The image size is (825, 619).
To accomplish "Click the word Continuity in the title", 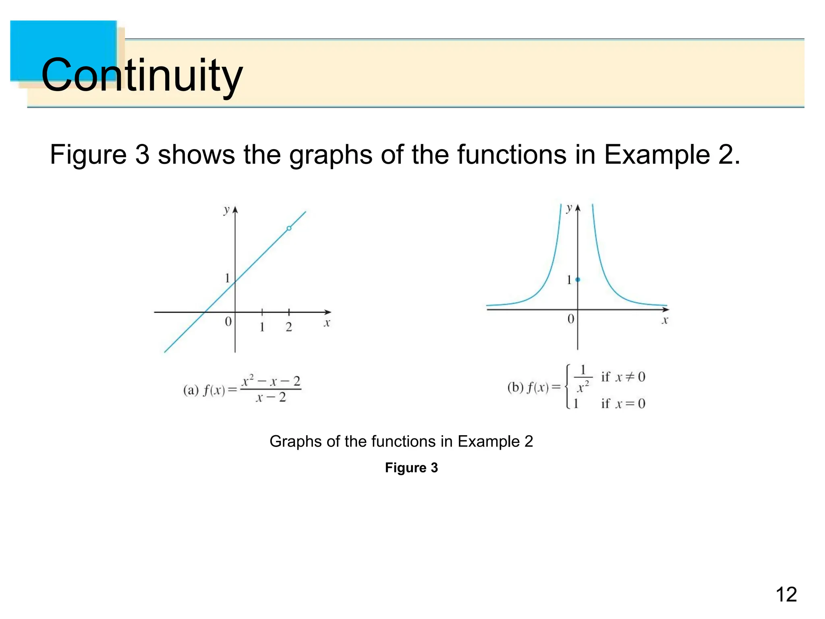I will [x=142, y=75].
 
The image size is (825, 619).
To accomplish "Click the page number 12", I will [x=786, y=594].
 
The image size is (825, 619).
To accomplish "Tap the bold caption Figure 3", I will [x=411, y=467].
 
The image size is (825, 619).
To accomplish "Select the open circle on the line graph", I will [x=289, y=228].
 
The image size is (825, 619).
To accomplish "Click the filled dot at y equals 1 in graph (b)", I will [x=578, y=279].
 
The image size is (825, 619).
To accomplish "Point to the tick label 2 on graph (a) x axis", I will [x=289, y=327].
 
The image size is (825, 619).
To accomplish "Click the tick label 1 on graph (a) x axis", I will [x=262, y=327].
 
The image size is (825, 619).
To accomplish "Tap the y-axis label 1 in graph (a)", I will [x=228, y=278].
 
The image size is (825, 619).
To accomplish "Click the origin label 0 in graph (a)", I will [x=228, y=322].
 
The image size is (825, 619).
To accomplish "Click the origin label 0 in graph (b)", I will [x=571, y=319].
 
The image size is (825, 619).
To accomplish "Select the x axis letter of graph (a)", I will [x=327, y=323].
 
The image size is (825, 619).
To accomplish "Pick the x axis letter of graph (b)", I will [x=665, y=321].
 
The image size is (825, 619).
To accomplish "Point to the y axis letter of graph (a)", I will [x=226, y=210].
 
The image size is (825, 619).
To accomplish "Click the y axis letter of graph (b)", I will [x=569, y=208].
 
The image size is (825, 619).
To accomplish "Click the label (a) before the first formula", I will [x=191, y=390].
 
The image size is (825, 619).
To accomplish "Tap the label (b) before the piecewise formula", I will [x=515, y=388].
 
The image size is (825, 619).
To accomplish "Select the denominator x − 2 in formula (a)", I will [x=271, y=398].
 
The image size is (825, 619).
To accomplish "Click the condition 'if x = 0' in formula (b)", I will [x=623, y=403].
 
